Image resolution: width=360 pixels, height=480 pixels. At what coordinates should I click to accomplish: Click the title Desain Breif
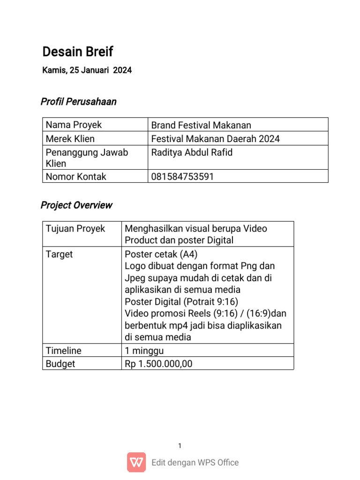coord(78,52)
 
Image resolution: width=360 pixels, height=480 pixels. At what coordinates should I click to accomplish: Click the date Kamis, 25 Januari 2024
coord(87,71)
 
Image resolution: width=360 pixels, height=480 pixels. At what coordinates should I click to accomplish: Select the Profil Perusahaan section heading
coord(79,102)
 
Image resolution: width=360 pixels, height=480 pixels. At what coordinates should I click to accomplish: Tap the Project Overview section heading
coord(76,205)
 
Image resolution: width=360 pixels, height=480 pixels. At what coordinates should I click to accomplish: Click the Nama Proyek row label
coord(74,125)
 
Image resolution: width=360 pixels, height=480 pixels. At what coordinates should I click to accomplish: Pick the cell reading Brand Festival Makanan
coord(201,125)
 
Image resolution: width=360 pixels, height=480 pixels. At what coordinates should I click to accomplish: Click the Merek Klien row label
coord(70,139)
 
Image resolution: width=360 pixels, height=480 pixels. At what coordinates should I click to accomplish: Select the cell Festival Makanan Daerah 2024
coord(215,139)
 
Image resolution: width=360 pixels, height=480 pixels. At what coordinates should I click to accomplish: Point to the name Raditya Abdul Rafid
coord(192,153)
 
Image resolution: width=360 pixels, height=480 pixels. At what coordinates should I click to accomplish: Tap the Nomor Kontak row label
coord(76,177)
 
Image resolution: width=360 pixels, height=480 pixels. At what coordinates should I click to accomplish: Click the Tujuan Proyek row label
coord(75,229)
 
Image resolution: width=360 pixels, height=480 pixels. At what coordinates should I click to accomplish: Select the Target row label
coord(59,255)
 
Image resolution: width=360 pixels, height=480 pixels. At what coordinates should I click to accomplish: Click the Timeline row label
coord(63,351)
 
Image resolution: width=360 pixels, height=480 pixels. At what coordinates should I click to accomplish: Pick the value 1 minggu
coord(144,351)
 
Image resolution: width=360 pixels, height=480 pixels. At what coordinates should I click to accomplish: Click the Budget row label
coord(60,364)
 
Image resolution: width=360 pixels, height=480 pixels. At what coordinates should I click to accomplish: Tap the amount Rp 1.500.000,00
coord(158,364)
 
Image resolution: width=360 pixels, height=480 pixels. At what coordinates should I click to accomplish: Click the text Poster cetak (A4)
coord(161,255)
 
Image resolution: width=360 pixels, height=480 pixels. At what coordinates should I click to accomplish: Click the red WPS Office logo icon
coord(136,462)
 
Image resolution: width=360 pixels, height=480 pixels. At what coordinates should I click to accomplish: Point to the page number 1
coord(180,446)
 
